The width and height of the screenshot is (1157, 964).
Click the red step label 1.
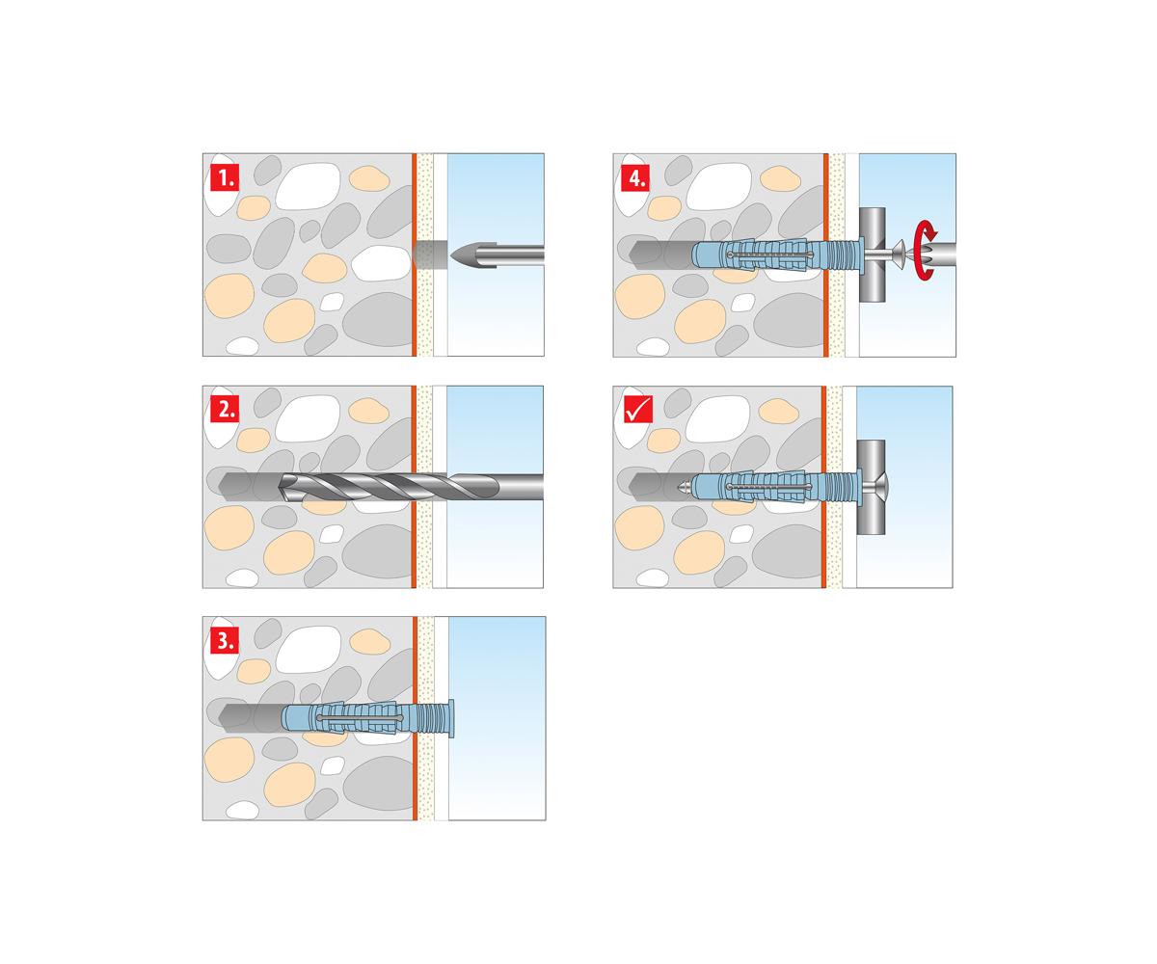click(x=225, y=177)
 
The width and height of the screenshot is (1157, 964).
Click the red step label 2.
click(x=225, y=409)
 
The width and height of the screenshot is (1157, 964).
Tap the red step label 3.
click(x=225, y=640)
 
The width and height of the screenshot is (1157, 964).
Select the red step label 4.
click(x=635, y=177)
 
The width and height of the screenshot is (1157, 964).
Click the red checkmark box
click(x=637, y=410)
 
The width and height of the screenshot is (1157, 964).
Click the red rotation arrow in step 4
click(x=926, y=250)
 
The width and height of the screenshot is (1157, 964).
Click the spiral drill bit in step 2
click(x=410, y=487)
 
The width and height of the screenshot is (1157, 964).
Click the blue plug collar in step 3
click(x=450, y=718)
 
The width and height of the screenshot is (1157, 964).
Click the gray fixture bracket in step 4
click(x=872, y=254)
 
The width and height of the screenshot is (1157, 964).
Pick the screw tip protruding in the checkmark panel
click(x=684, y=488)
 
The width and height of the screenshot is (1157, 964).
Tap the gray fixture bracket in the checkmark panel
click(x=871, y=487)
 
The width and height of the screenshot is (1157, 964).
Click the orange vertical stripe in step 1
click(x=414, y=254)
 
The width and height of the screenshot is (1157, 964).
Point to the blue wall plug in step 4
click(x=777, y=254)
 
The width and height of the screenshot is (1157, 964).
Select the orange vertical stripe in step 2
click(x=414, y=487)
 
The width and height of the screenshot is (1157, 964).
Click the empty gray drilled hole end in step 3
click(x=250, y=718)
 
